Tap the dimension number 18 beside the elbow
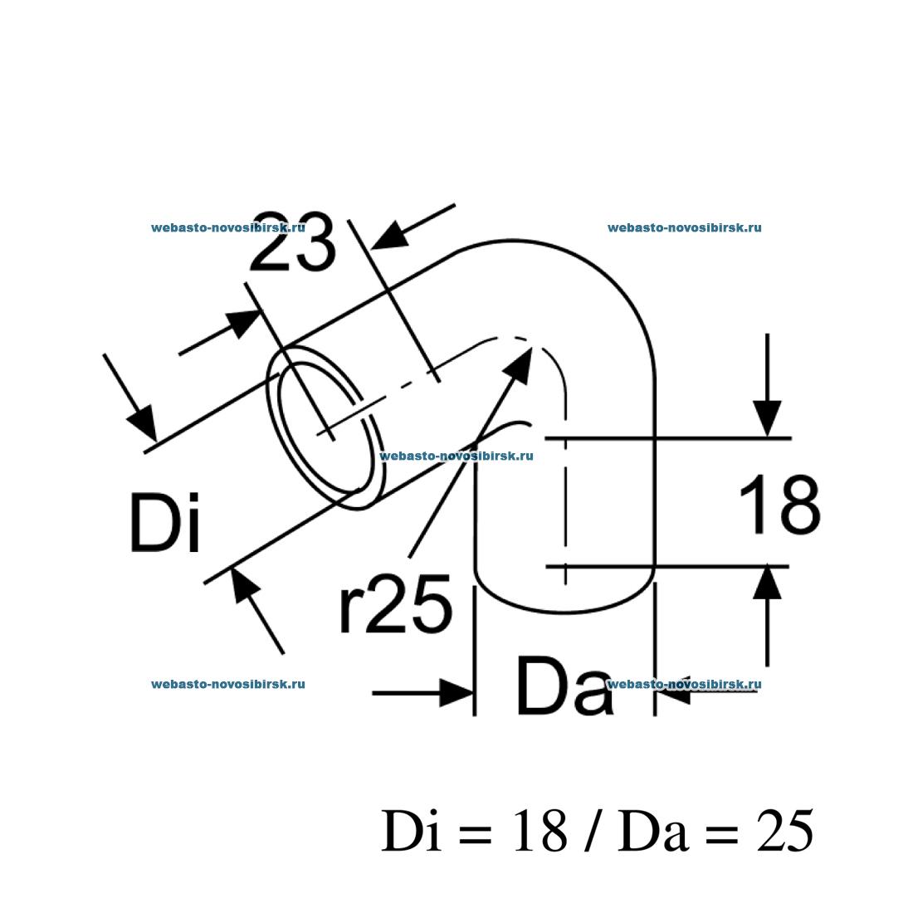point(779,505)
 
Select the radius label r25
point(395,603)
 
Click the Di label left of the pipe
point(165,522)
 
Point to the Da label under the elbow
point(564,686)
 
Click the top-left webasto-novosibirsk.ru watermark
point(227,227)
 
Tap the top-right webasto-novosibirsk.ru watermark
point(684,227)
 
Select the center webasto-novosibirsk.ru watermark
point(456,456)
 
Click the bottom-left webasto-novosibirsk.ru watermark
point(227,684)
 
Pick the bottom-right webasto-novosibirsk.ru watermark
point(684,684)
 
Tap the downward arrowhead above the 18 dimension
point(768,417)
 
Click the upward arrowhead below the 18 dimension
point(768,583)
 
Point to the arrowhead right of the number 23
point(389,236)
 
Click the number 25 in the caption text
point(784,831)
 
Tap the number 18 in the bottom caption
point(540,831)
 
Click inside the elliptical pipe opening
point(325,428)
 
